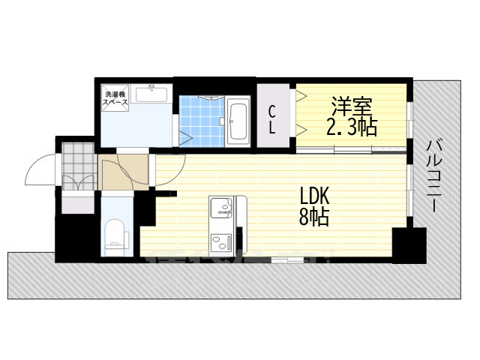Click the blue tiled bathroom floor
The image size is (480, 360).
[201, 120]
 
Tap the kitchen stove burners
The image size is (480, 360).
[222, 241]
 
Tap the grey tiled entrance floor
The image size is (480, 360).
[78, 158]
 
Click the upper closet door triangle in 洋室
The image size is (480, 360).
[301, 97]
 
